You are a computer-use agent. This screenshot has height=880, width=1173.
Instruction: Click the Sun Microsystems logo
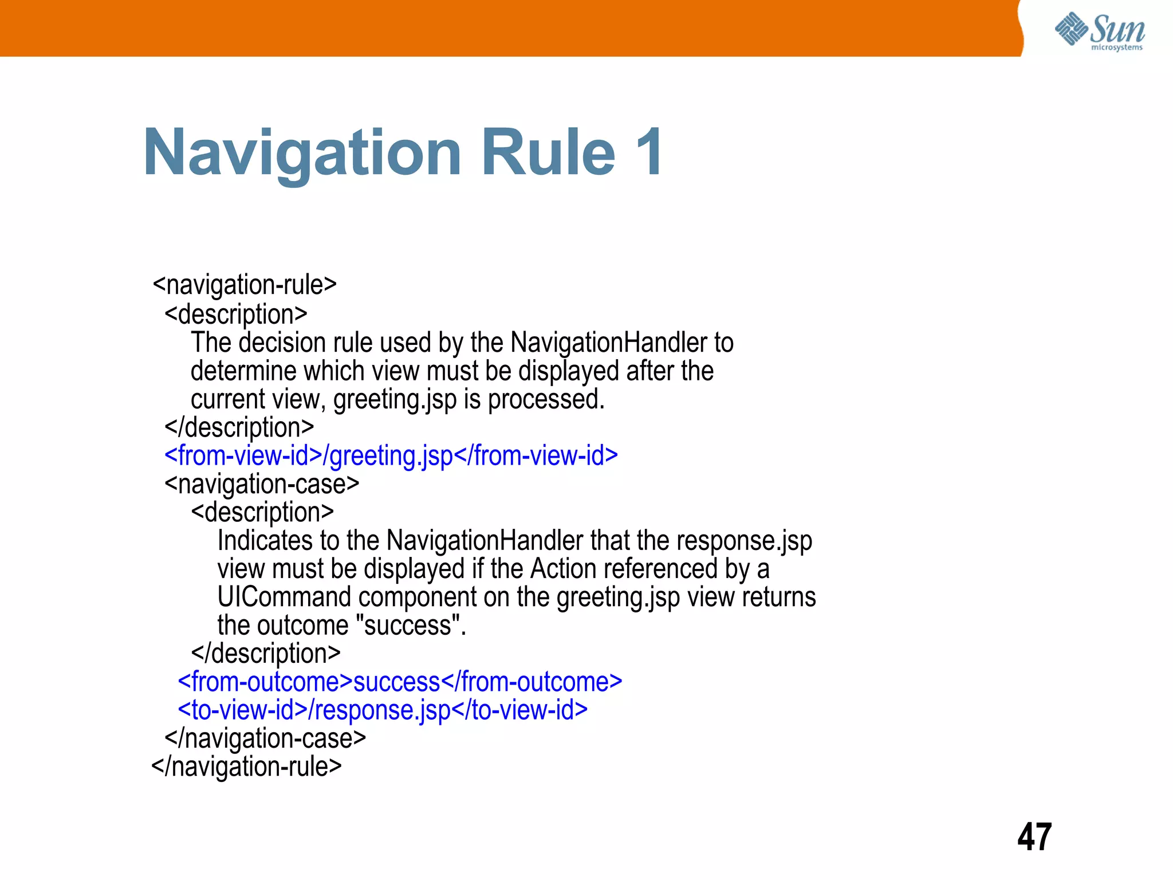[1099, 32]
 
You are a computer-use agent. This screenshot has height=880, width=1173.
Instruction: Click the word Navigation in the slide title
[302, 153]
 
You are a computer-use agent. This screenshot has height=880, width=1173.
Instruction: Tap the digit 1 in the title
[649, 152]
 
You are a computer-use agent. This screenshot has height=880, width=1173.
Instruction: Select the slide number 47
[1034, 837]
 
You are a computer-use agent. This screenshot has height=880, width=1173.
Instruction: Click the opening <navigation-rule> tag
[245, 285]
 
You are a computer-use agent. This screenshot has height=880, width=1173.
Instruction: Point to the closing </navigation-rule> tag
[246, 767]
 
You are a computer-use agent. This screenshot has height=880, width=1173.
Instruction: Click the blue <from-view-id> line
[391, 456]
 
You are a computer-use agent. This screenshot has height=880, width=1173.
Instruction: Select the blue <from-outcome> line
[400, 682]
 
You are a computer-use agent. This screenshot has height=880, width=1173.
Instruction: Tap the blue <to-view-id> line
[383, 710]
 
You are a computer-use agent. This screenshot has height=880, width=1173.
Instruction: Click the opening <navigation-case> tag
[262, 484]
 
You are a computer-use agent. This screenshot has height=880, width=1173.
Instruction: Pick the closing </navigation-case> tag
[265, 738]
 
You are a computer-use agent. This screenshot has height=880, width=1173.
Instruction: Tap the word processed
[546, 399]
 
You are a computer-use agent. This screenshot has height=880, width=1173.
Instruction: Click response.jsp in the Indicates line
[744, 541]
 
